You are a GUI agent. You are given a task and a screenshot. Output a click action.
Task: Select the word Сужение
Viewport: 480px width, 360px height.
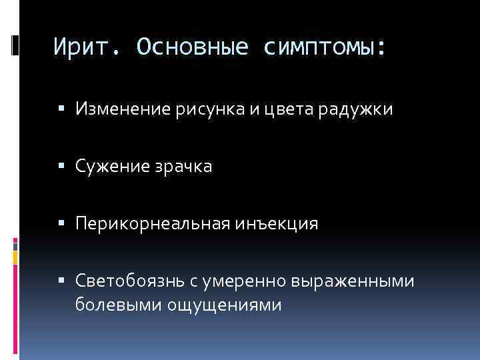111,166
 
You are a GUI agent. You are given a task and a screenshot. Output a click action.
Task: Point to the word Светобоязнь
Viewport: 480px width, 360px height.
123,282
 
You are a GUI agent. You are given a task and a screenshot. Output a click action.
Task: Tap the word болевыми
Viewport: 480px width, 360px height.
112,305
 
